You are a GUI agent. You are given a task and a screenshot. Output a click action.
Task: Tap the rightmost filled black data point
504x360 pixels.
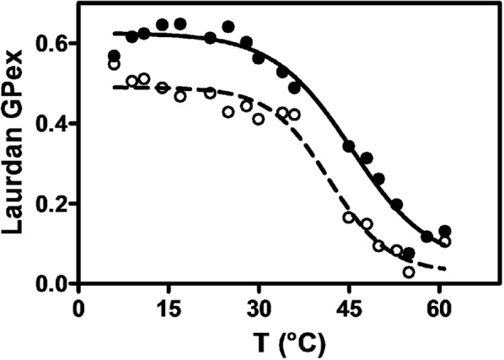(x=445, y=231)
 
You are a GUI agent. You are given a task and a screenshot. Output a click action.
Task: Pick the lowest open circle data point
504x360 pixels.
(x=409, y=271)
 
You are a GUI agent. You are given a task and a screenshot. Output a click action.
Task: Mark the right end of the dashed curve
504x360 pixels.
(x=445, y=268)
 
